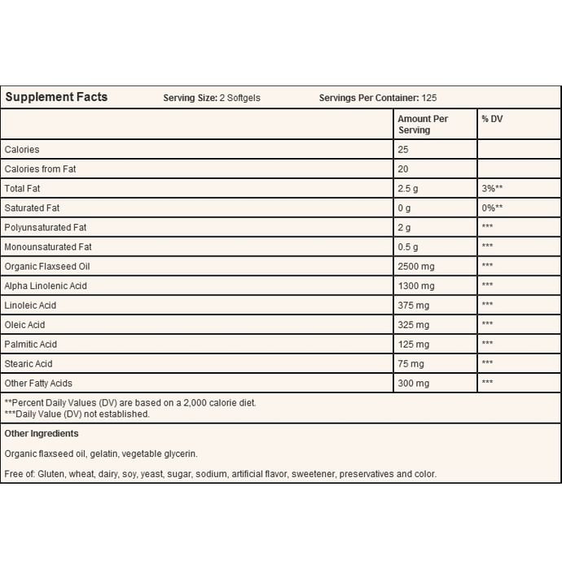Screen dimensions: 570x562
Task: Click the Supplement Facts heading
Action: (x=56, y=97)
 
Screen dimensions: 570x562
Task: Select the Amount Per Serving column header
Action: (x=422, y=124)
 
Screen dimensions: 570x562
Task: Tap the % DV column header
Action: (x=491, y=119)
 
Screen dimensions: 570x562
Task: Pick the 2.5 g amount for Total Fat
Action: (x=409, y=188)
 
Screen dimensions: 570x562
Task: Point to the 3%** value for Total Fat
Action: (x=491, y=188)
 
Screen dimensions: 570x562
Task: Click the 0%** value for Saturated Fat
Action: (x=491, y=208)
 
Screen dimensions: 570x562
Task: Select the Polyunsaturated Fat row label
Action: (x=46, y=227)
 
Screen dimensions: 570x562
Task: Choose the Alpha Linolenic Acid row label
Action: (x=46, y=286)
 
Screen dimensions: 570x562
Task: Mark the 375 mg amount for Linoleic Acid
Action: (x=412, y=305)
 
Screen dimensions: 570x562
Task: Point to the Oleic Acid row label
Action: (x=24, y=325)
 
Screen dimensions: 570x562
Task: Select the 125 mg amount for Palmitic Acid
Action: (x=412, y=344)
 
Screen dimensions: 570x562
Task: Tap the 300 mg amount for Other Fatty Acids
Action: (x=412, y=383)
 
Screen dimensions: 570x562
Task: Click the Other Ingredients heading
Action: (x=42, y=434)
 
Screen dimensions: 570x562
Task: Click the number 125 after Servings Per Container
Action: (x=429, y=98)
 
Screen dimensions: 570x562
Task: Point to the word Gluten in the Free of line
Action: (x=52, y=474)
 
